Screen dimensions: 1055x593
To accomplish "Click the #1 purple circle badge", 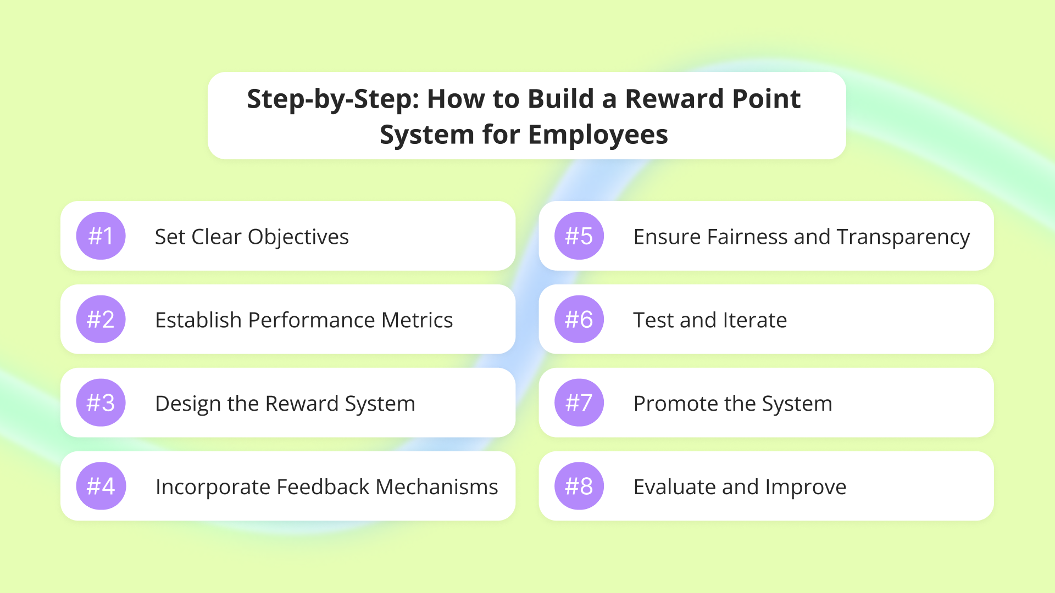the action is pyautogui.click(x=101, y=236).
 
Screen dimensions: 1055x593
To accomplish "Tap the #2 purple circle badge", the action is pyautogui.click(x=101, y=320).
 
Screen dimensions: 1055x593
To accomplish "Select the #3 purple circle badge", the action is pyautogui.click(x=101, y=403).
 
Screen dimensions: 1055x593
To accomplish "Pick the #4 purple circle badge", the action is pyautogui.click(x=101, y=486).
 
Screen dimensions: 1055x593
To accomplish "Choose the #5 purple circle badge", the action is pyautogui.click(x=579, y=236).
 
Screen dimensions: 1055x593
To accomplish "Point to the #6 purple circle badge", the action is pyautogui.click(x=579, y=320).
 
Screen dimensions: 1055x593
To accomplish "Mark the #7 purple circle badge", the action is pyautogui.click(x=579, y=403).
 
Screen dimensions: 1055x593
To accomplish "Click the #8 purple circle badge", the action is pyautogui.click(x=579, y=486).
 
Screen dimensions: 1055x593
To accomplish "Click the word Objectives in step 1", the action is pyautogui.click(x=298, y=238).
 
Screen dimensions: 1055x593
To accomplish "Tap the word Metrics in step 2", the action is pyautogui.click(x=417, y=320).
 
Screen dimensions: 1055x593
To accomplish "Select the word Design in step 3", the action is pyautogui.click(x=188, y=405).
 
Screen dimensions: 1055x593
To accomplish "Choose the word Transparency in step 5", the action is pyautogui.click(x=903, y=238).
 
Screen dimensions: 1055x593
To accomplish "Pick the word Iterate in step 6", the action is pyautogui.click(x=755, y=320).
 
